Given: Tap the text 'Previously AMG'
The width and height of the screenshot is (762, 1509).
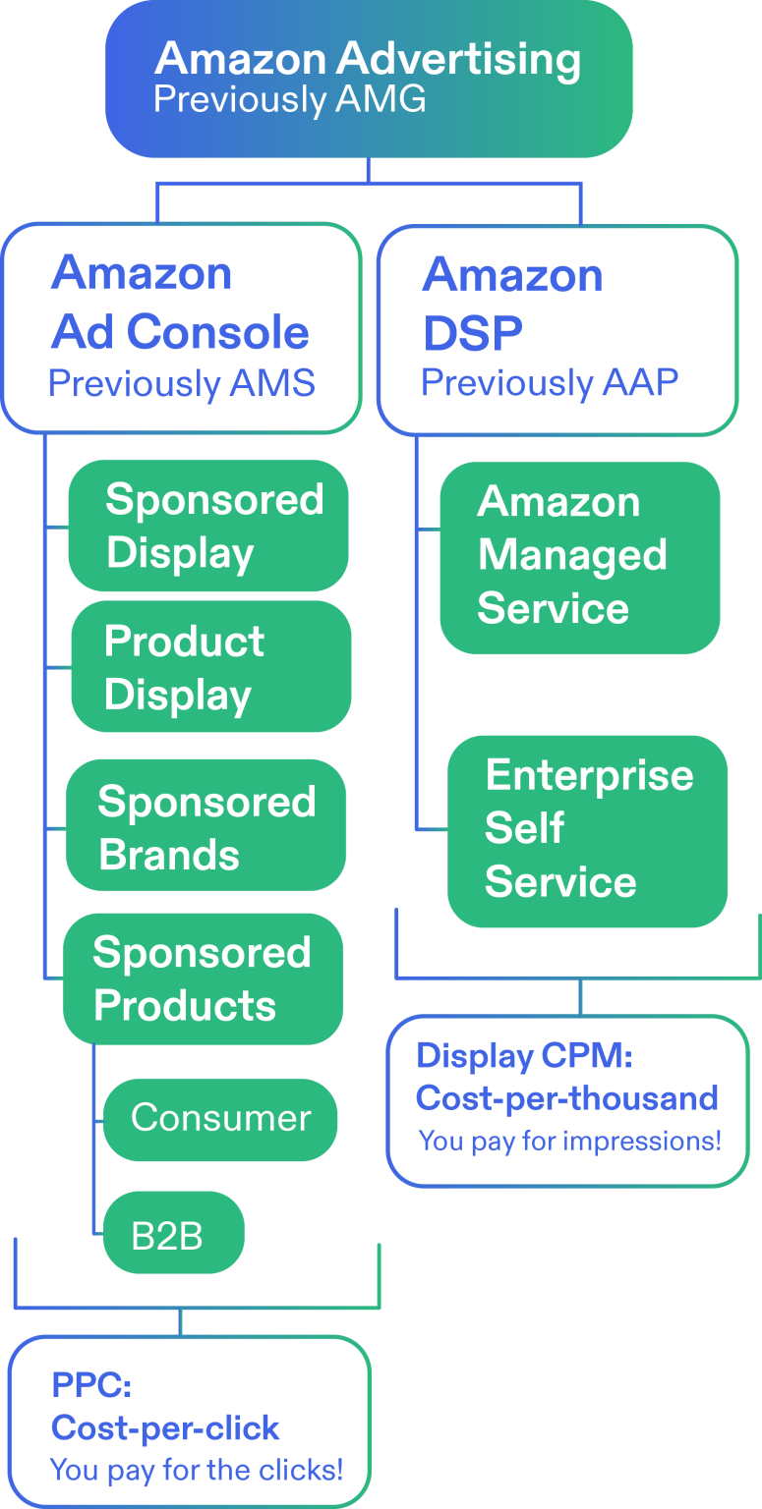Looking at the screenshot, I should click(x=289, y=100).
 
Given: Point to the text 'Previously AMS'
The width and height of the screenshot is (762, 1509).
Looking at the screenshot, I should click(x=181, y=383).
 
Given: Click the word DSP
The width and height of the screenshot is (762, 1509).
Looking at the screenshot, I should click(x=472, y=334).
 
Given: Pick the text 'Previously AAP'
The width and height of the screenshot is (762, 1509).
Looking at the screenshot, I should click(x=549, y=383).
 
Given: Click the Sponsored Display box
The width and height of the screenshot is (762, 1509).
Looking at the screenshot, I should click(x=208, y=526).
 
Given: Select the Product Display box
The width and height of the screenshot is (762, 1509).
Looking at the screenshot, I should click(x=210, y=667).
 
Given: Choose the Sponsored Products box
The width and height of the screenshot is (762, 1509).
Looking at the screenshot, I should click(x=203, y=978).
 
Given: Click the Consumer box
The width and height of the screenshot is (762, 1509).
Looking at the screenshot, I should click(x=220, y=1118).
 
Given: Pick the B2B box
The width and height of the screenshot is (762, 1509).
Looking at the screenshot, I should click(x=173, y=1234).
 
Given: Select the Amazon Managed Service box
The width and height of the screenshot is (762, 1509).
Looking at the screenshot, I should click(x=579, y=556).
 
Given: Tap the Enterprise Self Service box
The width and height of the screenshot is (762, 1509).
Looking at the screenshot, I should click(x=587, y=829).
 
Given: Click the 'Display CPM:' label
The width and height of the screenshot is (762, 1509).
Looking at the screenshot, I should click(x=524, y=1056).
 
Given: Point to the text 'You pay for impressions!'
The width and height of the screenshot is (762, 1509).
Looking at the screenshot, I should click(x=569, y=1141).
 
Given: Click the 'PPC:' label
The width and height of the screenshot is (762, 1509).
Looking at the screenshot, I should click(x=91, y=1385).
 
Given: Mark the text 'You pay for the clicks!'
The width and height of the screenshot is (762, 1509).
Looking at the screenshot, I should click(x=196, y=1470).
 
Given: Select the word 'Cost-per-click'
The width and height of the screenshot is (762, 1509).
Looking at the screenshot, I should click(x=165, y=1427).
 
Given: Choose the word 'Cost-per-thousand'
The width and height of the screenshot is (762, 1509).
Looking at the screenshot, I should click(x=566, y=1097).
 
